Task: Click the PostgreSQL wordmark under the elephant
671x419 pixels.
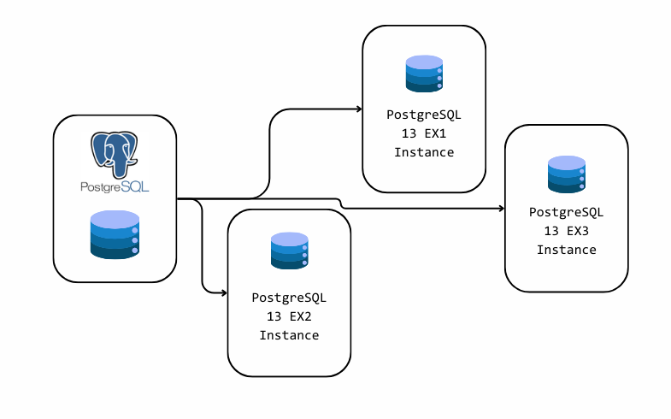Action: (115, 186)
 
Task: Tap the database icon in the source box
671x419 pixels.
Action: (115, 233)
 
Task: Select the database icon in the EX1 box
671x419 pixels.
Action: (424, 74)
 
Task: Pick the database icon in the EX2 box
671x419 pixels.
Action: (289, 250)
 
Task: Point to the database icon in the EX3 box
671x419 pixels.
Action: (567, 174)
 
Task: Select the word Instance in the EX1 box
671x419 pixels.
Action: (424, 152)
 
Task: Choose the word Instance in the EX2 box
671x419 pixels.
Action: (289, 335)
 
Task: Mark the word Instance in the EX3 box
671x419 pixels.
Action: (567, 250)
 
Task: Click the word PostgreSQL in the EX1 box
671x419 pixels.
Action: (424, 115)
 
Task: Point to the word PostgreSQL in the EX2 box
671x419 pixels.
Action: (289, 298)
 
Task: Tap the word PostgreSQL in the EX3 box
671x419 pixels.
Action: (567, 212)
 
